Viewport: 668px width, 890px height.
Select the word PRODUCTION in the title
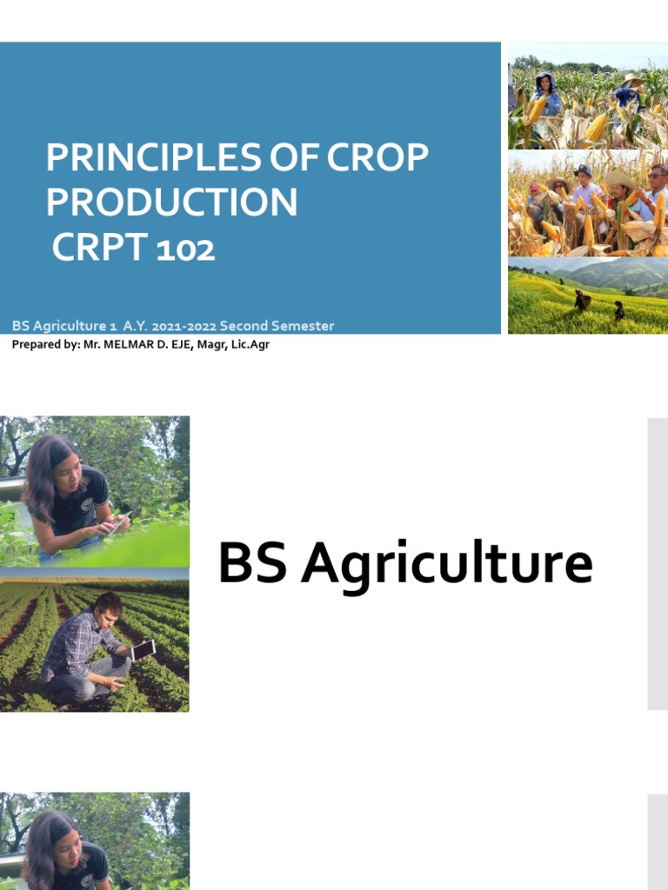click(x=171, y=203)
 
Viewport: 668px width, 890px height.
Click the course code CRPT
click(x=101, y=249)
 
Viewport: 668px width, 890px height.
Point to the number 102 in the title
click(x=186, y=249)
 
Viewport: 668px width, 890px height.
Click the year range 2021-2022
click(x=184, y=327)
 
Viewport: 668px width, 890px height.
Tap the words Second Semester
click(x=277, y=327)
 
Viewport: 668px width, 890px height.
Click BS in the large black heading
click(x=252, y=563)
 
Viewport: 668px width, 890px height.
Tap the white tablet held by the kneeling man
click(x=144, y=649)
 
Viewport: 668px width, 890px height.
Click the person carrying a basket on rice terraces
click(x=580, y=300)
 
